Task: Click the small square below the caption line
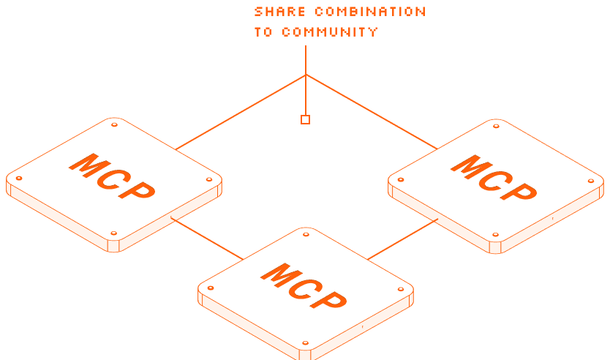(x=305, y=119)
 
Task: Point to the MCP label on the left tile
(x=113, y=177)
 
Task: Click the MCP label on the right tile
(x=494, y=178)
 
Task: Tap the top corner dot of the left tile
(x=114, y=125)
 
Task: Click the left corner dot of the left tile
(x=19, y=178)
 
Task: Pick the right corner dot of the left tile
(x=209, y=179)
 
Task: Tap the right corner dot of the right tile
(x=591, y=180)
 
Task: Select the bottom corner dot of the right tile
(x=495, y=235)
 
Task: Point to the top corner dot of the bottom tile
(x=305, y=234)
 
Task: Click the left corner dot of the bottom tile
(x=211, y=288)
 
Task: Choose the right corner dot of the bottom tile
(x=400, y=288)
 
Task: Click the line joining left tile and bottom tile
(x=206, y=239)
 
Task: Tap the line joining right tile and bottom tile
(x=402, y=239)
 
